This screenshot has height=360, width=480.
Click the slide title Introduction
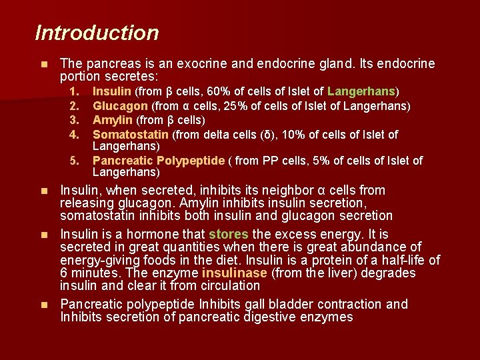97,33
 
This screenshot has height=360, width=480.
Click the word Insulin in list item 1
112,91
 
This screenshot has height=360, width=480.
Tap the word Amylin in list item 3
113,120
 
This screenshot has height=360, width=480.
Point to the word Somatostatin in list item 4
131,135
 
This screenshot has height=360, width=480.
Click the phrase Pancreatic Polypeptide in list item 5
159,161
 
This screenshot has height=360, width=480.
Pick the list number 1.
75,91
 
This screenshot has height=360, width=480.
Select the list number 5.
75,161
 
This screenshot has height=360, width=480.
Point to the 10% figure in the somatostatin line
293,135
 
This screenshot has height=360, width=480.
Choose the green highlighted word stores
228,234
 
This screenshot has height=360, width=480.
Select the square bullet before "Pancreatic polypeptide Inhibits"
44,305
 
